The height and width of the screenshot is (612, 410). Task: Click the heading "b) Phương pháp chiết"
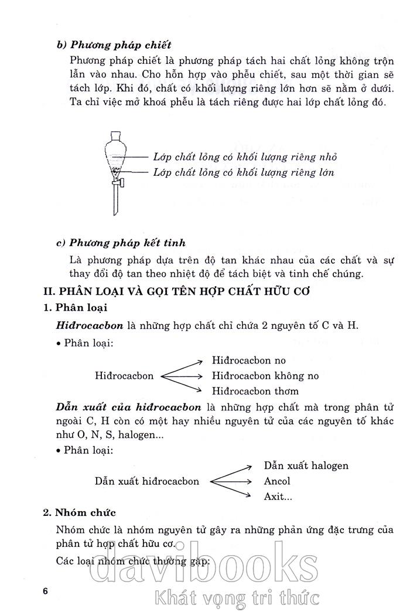coord(114,45)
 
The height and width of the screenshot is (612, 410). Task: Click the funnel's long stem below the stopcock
coord(115,202)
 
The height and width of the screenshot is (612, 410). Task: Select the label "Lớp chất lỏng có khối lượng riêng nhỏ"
coord(245,158)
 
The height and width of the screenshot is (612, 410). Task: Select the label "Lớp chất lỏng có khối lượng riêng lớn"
coord(244,172)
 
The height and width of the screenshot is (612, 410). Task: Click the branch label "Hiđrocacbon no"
coord(249,361)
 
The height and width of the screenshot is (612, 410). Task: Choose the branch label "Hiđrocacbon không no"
coord(265,376)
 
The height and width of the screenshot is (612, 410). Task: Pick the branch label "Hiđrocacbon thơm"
coord(255,391)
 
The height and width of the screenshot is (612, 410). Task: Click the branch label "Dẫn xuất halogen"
coord(306,465)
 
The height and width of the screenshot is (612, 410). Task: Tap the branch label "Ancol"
coord(277,481)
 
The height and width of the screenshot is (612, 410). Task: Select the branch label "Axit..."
coord(278,497)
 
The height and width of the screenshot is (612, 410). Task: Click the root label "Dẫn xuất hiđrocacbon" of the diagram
coord(147,481)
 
